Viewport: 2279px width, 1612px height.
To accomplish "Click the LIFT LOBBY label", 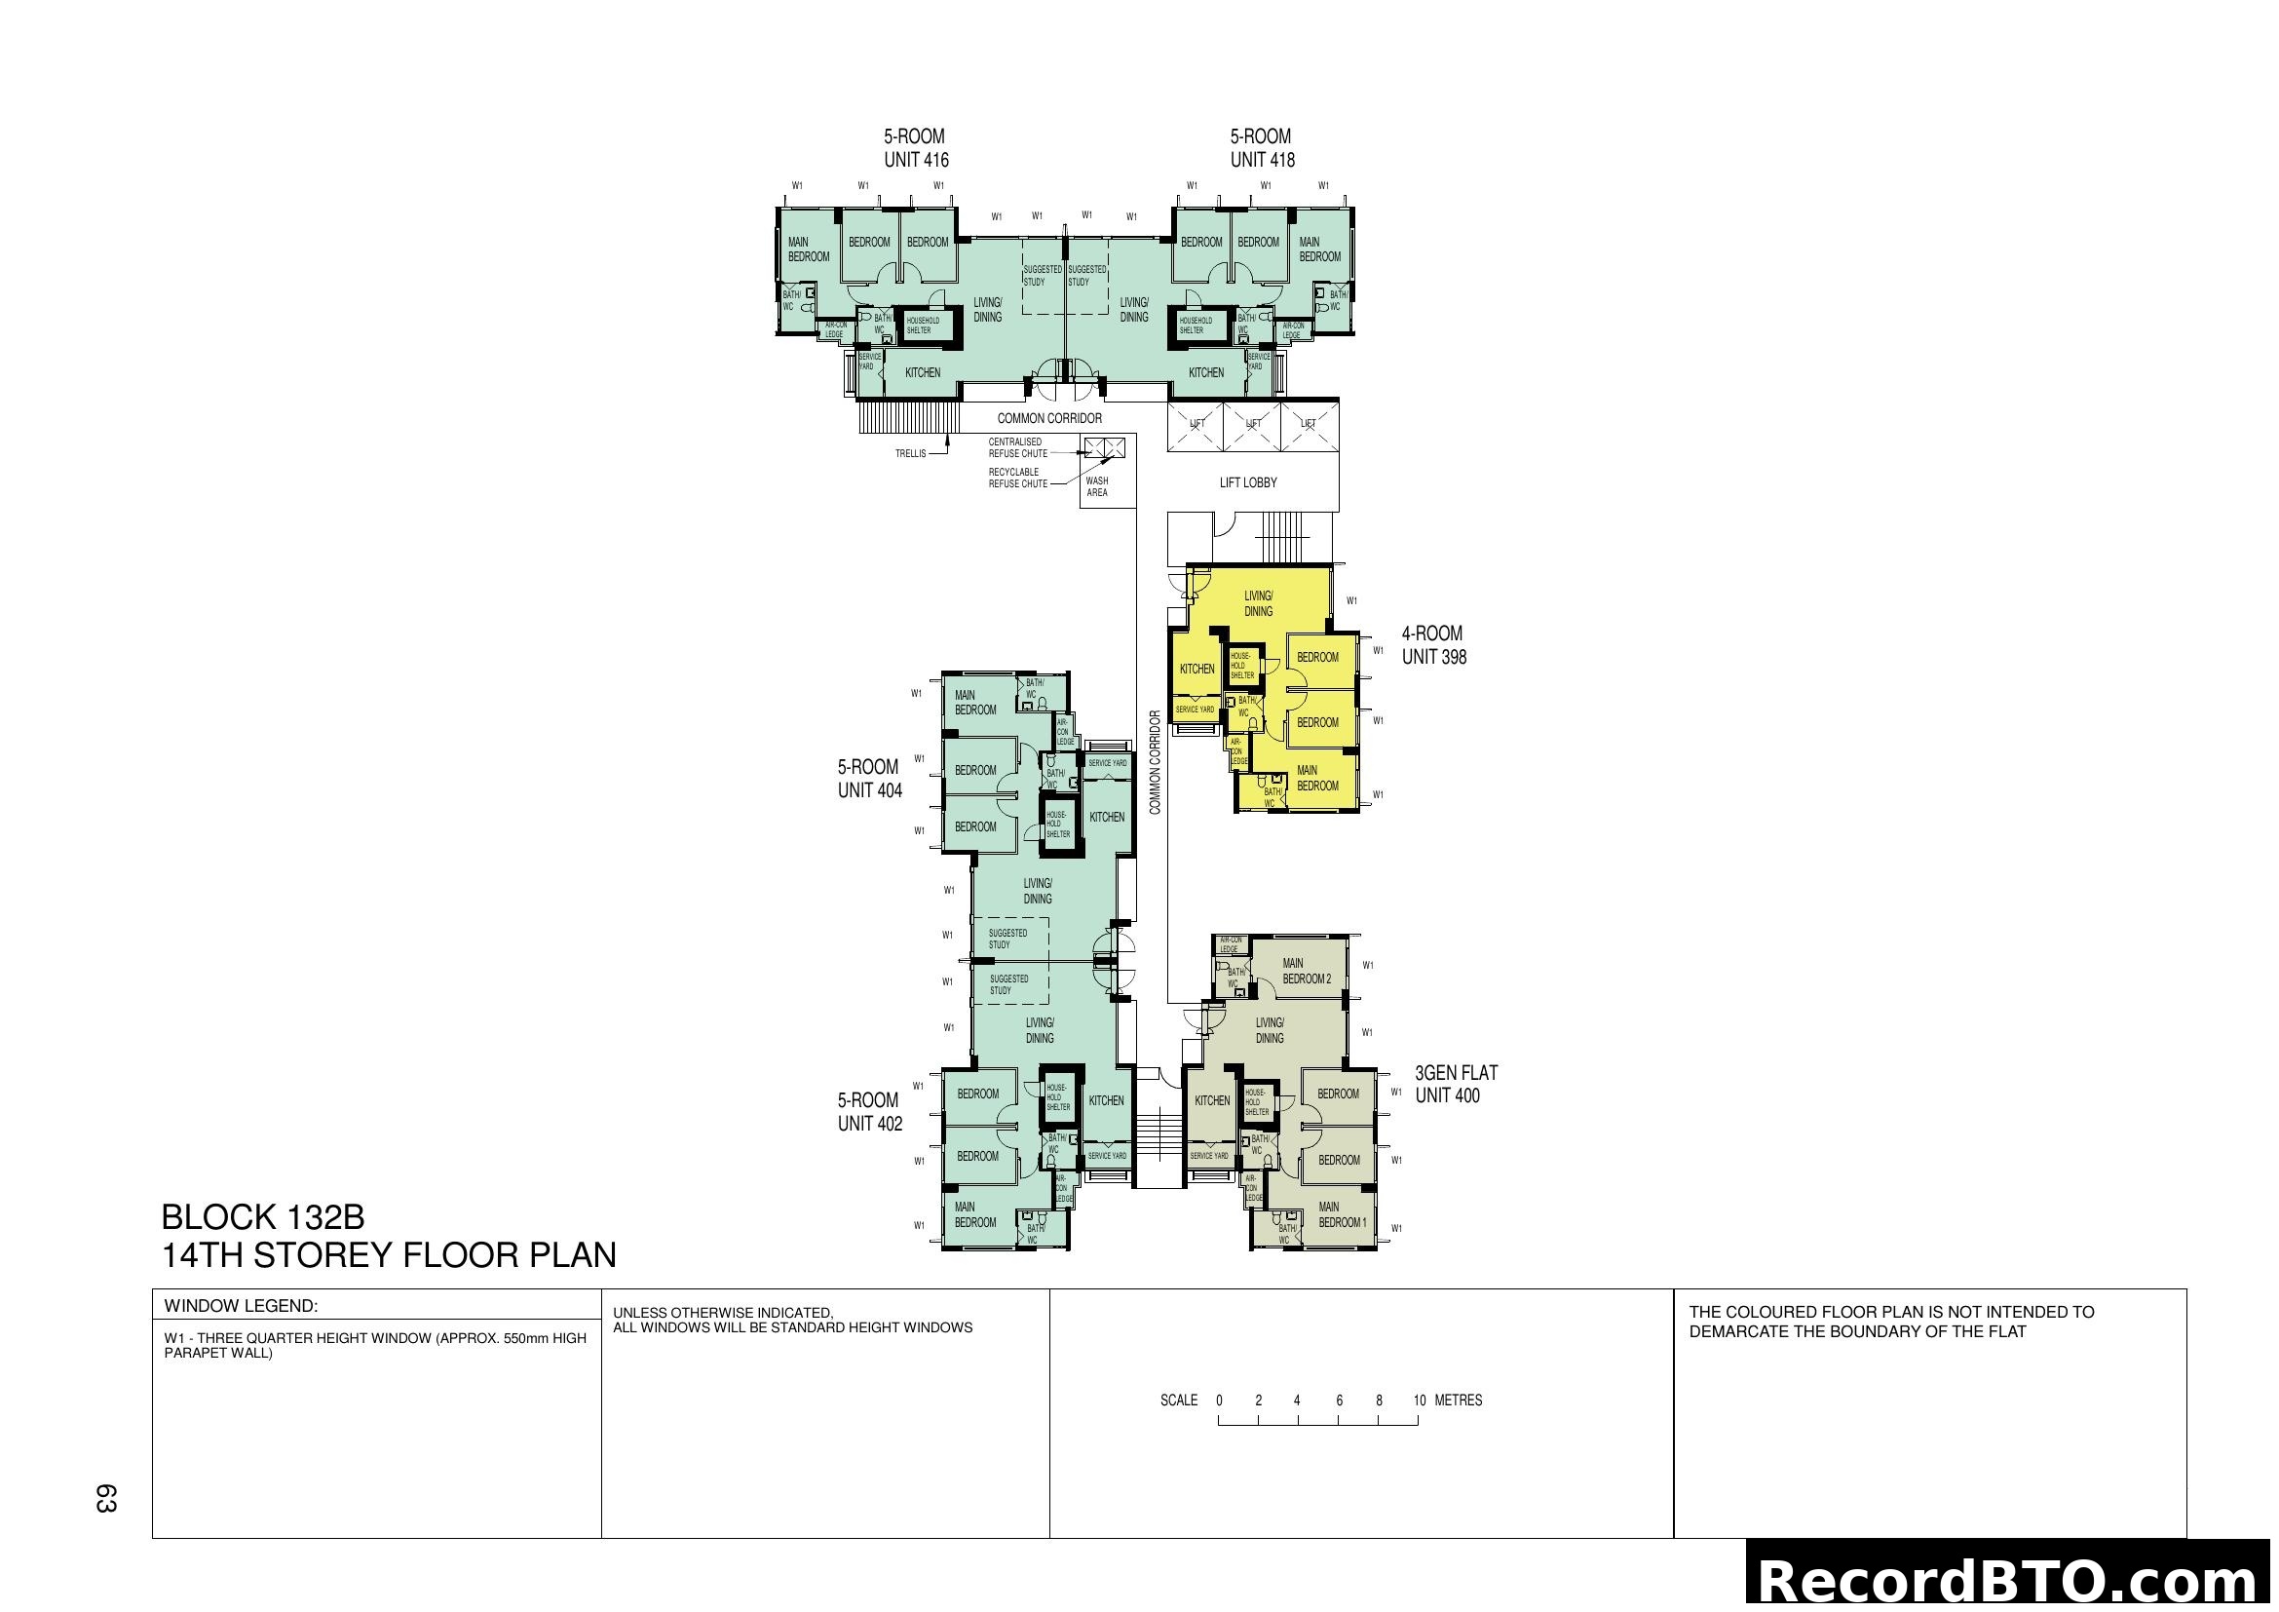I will [1248, 482].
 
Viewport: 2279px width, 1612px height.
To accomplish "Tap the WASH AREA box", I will [1097, 486].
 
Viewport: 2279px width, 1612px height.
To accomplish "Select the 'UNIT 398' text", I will [1433, 657].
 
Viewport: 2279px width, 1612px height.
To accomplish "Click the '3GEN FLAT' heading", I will [1455, 1073].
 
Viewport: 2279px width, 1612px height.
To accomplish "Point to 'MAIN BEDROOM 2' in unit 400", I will [1306, 971].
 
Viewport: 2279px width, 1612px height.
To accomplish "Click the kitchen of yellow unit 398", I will [1196, 669].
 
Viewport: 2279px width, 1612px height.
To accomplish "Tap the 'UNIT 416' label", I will [915, 160].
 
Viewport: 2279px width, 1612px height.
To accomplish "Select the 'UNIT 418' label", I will [1262, 160].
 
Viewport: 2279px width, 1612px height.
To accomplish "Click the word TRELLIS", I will [909, 453].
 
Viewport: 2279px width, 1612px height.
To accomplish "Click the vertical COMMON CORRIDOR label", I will [1156, 762].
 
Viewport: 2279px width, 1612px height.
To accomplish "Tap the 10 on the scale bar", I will [1419, 1401].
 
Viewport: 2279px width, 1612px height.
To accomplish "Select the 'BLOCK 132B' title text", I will [263, 1217].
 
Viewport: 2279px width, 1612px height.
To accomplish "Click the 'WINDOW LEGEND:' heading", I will [241, 1306].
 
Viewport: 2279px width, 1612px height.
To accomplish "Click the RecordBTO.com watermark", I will [2011, 1580].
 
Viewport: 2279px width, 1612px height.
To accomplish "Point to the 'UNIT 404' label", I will [869, 791].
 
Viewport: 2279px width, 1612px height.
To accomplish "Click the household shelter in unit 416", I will [923, 325].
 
